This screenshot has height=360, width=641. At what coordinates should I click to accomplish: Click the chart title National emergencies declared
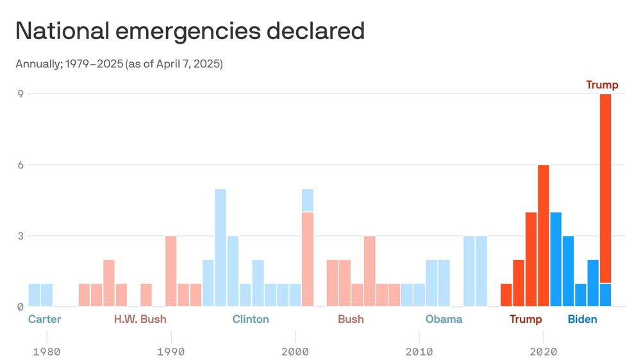tap(190, 31)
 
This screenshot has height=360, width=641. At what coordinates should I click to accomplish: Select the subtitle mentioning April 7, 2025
tap(119, 65)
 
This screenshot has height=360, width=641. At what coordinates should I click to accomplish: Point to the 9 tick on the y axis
tap(19, 94)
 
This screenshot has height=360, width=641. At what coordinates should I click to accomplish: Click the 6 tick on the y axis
tap(19, 165)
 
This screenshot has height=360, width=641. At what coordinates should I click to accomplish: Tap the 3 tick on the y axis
tap(19, 236)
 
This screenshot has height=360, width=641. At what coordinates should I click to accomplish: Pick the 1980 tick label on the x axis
tap(47, 352)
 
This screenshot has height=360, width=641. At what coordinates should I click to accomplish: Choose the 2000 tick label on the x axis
tap(295, 352)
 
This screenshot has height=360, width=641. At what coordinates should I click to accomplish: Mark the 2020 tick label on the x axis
tap(543, 352)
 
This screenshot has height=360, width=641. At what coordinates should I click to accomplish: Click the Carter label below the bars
tap(45, 319)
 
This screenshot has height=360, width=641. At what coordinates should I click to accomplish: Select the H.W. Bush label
tap(140, 319)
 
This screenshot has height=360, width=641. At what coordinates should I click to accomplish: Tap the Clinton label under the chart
tap(251, 319)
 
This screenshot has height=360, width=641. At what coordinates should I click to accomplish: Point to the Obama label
tap(444, 319)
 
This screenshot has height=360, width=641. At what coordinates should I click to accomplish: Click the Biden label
tap(582, 319)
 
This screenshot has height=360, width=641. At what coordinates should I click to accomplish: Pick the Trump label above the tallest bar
tap(602, 85)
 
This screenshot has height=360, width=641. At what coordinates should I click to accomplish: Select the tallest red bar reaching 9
tap(605, 186)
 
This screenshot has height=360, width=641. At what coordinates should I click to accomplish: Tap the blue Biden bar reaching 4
tap(556, 259)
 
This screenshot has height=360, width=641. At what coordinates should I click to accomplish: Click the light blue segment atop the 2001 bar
tap(308, 200)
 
